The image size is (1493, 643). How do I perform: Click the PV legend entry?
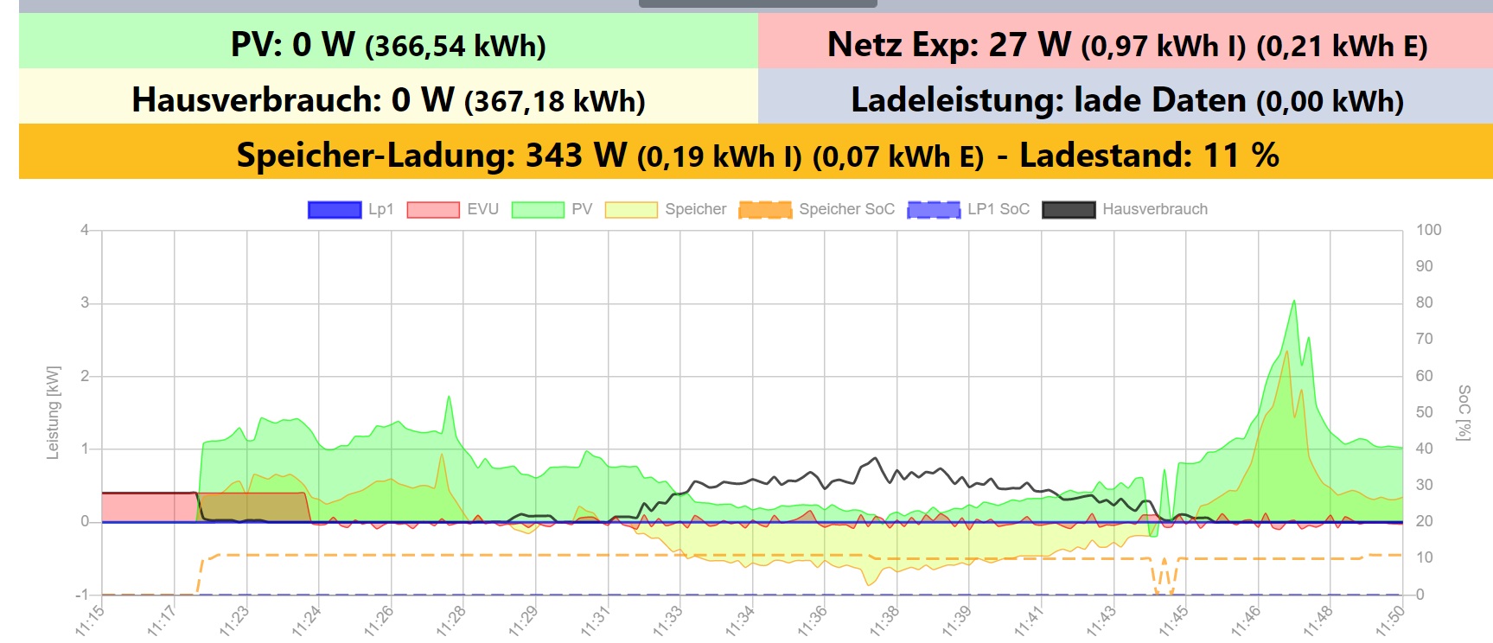(x=552, y=209)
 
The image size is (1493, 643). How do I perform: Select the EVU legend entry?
(x=453, y=209)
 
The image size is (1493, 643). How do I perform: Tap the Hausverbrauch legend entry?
(x=1125, y=209)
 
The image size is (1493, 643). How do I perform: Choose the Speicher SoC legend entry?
(x=817, y=209)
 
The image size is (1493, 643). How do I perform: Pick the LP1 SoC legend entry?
(x=968, y=209)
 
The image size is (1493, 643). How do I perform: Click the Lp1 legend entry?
(x=351, y=209)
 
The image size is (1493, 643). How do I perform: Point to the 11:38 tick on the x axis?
(x=885, y=620)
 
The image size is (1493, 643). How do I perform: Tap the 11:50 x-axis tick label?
(x=1390, y=620)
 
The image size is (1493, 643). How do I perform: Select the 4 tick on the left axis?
(x=85, y=230)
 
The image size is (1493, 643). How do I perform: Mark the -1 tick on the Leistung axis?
(x=82, y=595)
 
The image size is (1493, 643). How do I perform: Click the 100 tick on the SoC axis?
(x=1428, y=230)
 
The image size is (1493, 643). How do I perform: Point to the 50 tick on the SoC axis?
(x=1424, y=412)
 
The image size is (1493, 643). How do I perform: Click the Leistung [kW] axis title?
(x=54, y=412)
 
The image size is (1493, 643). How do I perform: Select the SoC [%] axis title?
(x=1463, y=412)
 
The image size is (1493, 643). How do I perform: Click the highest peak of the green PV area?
(x=1293, y=302)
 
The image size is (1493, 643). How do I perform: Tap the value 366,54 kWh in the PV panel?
(x=456, y=46)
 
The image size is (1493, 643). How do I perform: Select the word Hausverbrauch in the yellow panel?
(x=256, y=100)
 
